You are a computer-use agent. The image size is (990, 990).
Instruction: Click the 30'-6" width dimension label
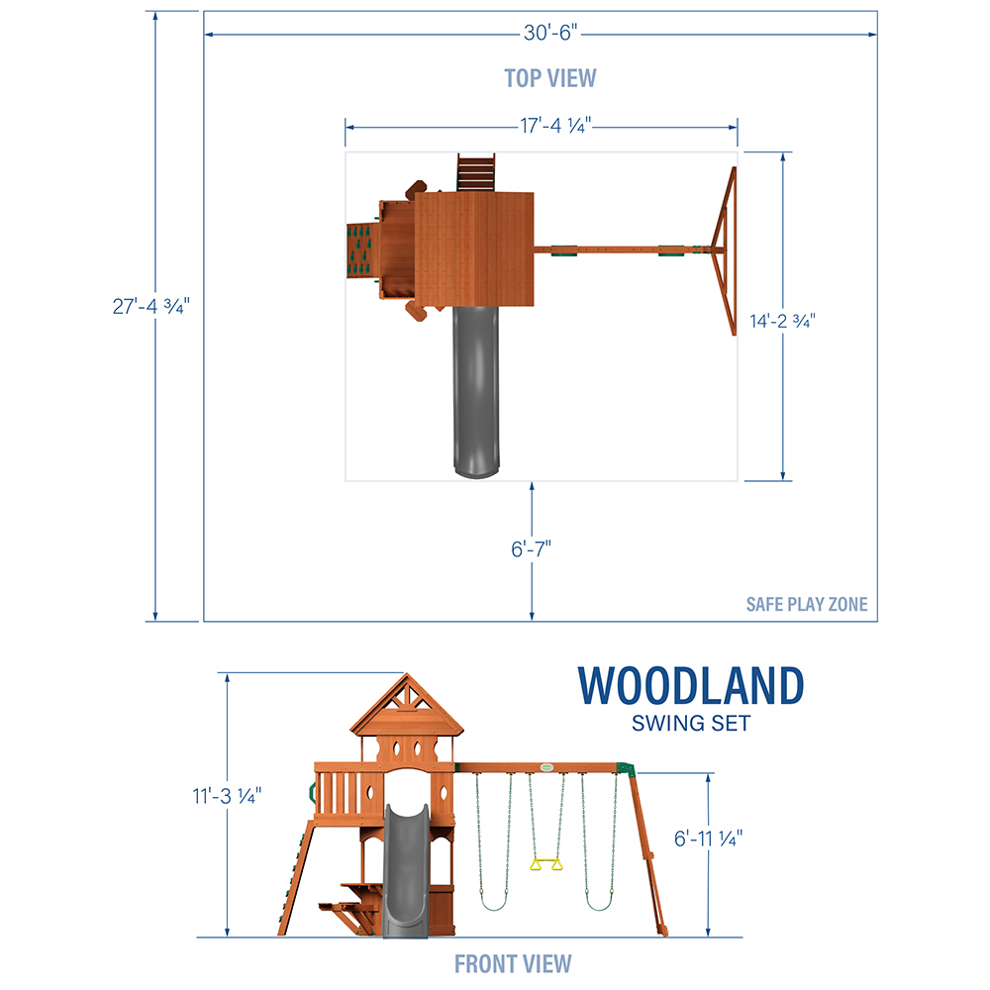coord(549,33)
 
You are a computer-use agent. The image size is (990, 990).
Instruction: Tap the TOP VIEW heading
coord(549,78)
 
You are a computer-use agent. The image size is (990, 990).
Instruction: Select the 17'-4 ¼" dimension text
coord(555,126)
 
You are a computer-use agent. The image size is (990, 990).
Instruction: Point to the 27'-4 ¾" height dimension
coord(150,306)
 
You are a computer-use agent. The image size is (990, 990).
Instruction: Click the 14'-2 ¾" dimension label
coord(782,322)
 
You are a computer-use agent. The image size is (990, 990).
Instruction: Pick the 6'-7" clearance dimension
coord(531,549)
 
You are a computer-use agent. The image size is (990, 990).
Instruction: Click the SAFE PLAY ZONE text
coord(807,604)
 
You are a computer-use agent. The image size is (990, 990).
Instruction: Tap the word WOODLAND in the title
coord(691,686)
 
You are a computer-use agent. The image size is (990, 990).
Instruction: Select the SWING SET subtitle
coord(691,723)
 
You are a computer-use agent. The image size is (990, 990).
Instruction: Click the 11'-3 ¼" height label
coord(227,796)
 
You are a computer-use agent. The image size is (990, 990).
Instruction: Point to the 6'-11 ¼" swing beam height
coord(708,839)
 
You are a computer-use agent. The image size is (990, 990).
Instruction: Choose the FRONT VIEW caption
coord(513,964)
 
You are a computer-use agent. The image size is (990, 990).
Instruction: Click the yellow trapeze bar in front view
coord(546,863)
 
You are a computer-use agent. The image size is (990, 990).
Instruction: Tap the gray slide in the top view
coord(476,391)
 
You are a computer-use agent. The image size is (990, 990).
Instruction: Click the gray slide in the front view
coord(406,870)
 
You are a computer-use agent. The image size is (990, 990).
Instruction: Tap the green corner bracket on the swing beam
coord(625,768)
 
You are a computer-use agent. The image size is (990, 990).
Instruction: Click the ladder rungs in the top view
coord(475,171)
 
